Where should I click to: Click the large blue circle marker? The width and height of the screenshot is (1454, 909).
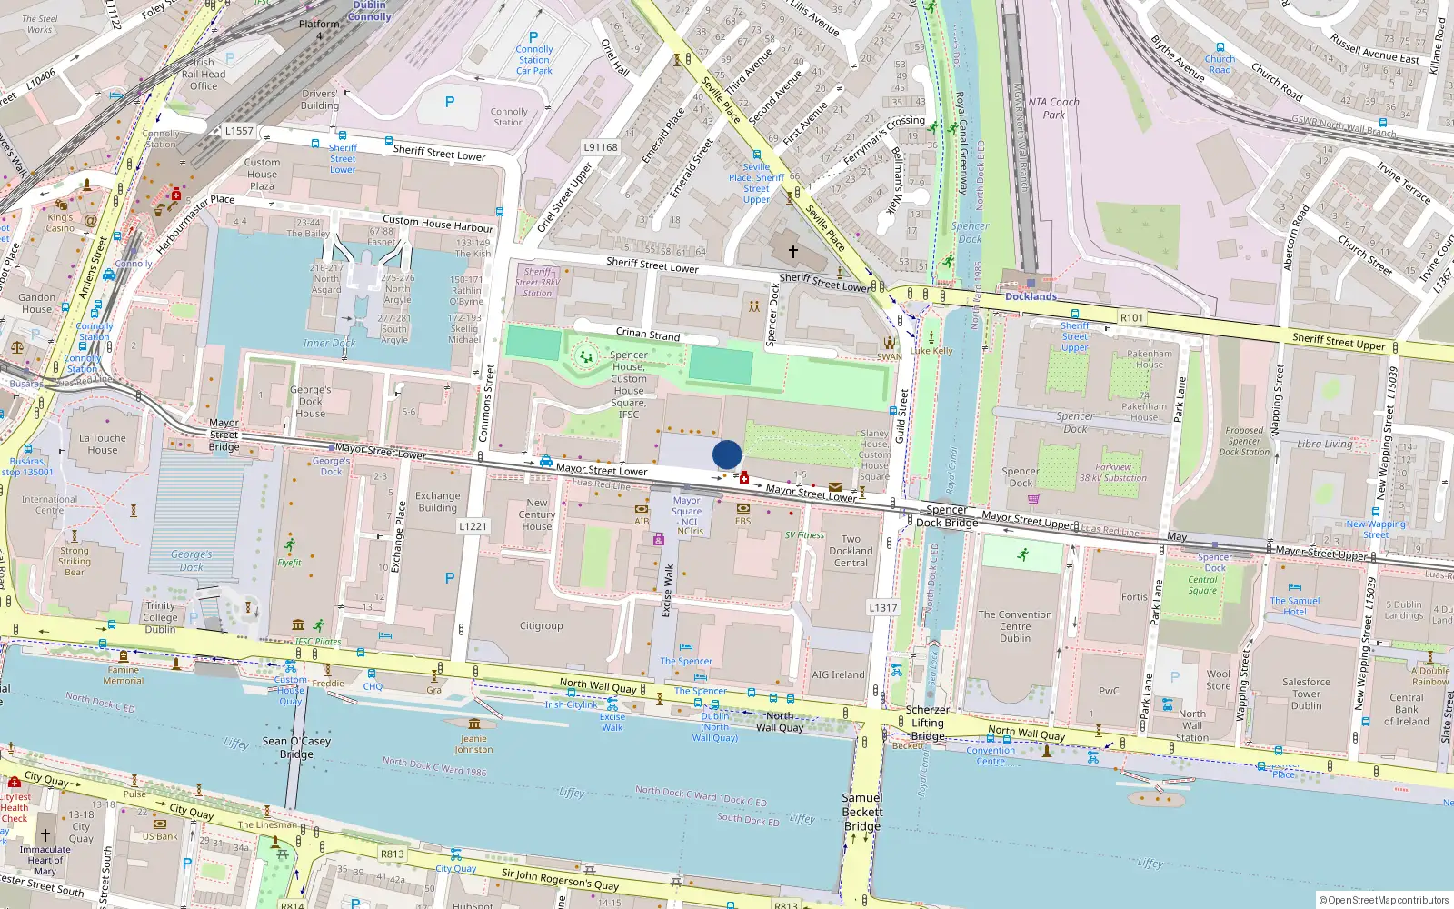coord(727,454)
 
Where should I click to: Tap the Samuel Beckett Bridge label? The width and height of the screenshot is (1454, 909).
coord(861,812)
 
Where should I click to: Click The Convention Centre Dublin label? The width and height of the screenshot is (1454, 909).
coord(1015,626)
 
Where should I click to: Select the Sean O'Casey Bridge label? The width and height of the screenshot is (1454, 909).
coord(296,747)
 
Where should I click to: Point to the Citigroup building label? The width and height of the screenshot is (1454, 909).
coord(541,625)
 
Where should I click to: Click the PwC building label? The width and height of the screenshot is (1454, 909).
coord(1109,691)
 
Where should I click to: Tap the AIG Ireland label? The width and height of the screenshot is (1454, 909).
coord(838,674)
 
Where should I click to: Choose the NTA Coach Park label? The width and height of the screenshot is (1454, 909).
coord(1054,108)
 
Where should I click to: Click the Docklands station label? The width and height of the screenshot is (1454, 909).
coord(1031,296)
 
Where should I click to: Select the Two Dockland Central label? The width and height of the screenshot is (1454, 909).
coord(851,551)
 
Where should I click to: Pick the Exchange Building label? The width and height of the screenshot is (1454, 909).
coord(438,502)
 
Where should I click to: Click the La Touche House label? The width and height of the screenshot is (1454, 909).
coord(103,444)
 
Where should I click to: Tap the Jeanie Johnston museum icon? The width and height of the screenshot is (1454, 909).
coord(473,724)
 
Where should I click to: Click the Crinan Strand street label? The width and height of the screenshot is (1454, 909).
coord(648,334)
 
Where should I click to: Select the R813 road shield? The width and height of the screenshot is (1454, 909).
coord(393,854)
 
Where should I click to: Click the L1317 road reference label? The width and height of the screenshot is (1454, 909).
coord(882,608)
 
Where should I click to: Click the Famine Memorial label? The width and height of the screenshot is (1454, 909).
coord(124,675)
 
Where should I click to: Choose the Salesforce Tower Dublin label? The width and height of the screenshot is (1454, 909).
coord(1306,694)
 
